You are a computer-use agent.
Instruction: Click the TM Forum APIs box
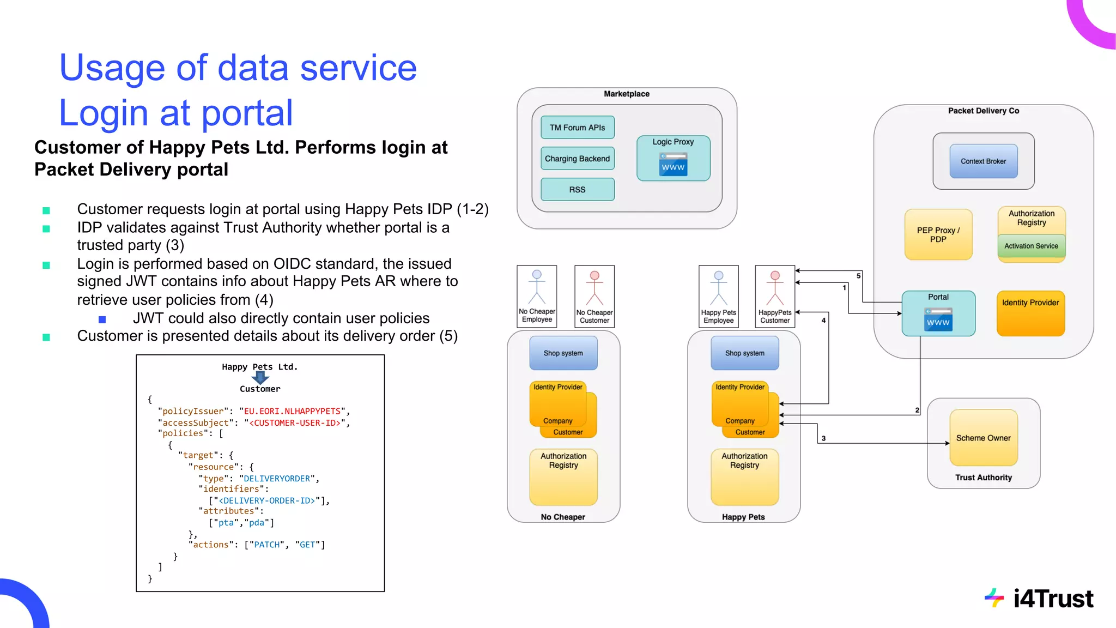click(577, 128)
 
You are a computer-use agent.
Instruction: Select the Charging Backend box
click(577, 159)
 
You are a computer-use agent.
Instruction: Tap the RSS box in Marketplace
click(577, 190)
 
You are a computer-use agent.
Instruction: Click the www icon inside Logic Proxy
click(673, 165)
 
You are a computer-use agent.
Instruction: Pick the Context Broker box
click(983, 161)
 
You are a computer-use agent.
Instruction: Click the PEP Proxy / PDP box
click(938, 235)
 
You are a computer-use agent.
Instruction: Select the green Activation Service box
click(1031, 246)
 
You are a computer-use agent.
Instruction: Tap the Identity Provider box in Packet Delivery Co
click(1030, 313)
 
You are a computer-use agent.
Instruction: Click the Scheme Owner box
click(983, 438)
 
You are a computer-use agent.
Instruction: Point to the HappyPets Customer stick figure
click(774, 289)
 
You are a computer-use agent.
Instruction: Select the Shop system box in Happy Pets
click(744, 353)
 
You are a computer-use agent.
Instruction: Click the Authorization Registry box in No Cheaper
click(563, 477)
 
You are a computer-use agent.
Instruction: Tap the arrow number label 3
click(823, 438)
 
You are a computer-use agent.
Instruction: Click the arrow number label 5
click(858, 276)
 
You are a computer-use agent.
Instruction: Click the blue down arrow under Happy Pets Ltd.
click(260, 377)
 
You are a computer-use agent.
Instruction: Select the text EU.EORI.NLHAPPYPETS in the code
click(292, 411)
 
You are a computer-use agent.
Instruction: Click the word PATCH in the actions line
click(267, 545)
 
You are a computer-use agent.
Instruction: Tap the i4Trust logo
click(1039, 599)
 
